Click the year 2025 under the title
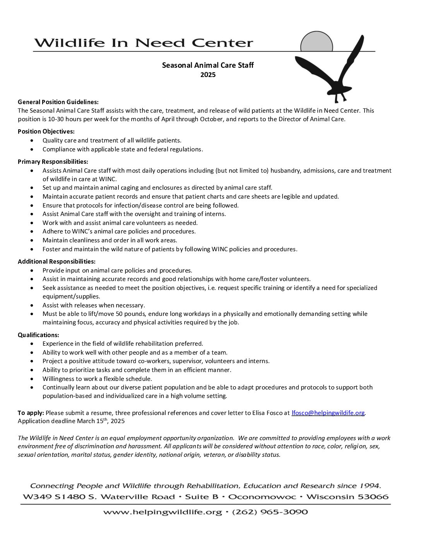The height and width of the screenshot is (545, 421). pos(208,75)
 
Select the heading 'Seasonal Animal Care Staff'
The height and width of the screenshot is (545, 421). pos(208,65)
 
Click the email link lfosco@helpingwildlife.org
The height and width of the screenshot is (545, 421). pos(328,413)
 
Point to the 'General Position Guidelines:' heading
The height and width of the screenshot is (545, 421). pos(58,102)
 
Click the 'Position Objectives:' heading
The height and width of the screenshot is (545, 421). pos(46,131)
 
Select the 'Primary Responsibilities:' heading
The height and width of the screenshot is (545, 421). pos(53,161)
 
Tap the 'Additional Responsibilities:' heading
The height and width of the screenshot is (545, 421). pos(56,261)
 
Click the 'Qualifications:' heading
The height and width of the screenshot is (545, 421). pos(38,335)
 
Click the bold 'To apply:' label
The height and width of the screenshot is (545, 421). pos(31,413)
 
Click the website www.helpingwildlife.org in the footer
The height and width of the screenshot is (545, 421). pos(163,512)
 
